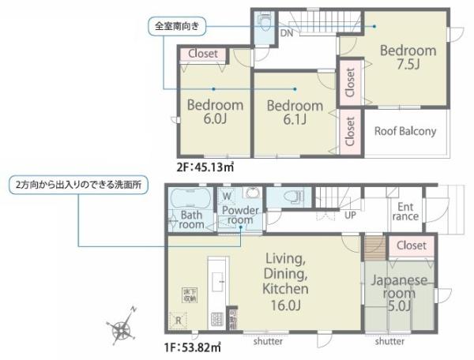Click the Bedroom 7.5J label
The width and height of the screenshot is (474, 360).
[x=408, y=57]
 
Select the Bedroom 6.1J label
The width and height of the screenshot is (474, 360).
[x=294, y=112]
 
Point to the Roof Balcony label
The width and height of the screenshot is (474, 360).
[x=404, y=132]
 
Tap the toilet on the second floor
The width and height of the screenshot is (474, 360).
[x=264, y=21]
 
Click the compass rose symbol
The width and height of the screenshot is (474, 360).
[x=125, y=324]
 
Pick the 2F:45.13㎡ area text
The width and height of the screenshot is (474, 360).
[x=205, y=167]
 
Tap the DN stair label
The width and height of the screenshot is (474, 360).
[x=288, y=34]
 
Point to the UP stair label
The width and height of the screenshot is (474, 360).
[x=348, y=214]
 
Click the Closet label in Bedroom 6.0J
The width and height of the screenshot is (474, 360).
[x=204, y=54]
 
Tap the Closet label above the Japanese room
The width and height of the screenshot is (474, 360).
[x=411, y=246]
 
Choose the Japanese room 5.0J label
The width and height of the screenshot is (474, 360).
[x=400, y=292]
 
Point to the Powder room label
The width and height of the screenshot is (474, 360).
[x=239, y=215]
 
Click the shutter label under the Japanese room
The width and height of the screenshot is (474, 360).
[x=390, y=342]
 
